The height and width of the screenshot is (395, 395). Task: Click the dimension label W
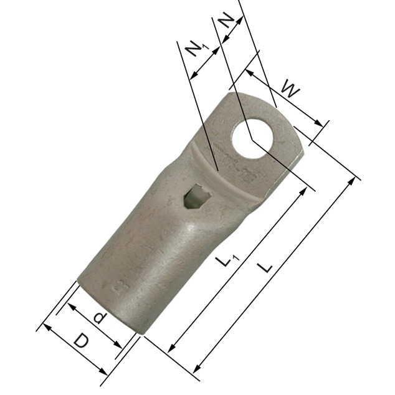290,90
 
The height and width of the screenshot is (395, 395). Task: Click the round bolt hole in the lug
252,139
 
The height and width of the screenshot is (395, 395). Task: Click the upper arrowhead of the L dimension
351,181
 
